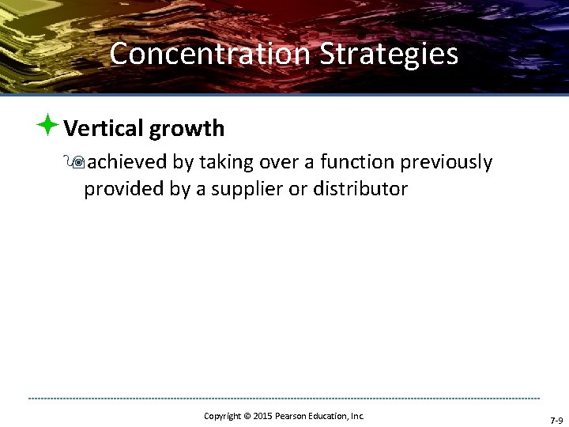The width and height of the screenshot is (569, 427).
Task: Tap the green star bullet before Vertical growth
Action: (x=47, y=125)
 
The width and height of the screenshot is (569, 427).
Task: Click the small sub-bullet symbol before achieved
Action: (x=77, y=163)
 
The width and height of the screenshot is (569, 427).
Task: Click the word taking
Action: (x=224, y=163)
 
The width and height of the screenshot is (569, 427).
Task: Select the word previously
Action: (x=447, y=163)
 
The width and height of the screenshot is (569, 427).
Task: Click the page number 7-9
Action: (x=556, y=421)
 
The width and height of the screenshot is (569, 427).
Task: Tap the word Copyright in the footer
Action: (x=222, y=416)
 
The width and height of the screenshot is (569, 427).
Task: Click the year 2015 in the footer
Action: (x=263, y=416)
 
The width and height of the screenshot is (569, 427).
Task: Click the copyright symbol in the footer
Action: (x=246, y=416)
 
